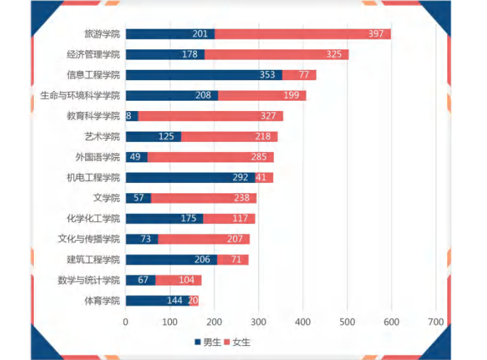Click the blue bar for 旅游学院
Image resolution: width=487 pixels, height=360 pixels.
[170, 34]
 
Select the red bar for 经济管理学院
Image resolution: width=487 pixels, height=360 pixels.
[276, 54]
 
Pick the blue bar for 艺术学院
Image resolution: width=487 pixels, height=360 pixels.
[153, 136]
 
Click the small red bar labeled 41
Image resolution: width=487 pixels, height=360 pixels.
[264, 177]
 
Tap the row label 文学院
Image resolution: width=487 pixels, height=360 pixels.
[106, 198]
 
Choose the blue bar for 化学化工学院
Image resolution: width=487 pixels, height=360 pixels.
[164, 218]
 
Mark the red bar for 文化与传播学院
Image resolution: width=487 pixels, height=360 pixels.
[203, 239]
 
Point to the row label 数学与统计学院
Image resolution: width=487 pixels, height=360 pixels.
[89, 280]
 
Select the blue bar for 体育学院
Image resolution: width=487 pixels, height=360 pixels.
[157, 300]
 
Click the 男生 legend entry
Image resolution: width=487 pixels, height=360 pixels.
[209, 342]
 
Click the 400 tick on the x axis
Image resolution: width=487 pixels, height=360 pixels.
[303, 322]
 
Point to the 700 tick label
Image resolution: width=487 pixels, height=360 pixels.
[436, 322]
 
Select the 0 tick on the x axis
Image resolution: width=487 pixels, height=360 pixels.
[126, 322]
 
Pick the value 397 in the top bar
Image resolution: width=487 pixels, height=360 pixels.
[378, 34]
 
